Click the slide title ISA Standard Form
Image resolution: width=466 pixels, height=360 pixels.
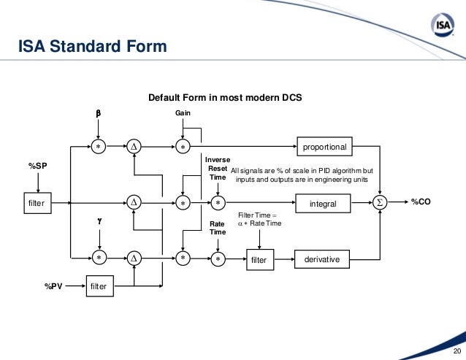(92, 48)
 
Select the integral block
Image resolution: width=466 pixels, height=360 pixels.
(323, 202)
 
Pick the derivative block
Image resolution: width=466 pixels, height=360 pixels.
(323, 258)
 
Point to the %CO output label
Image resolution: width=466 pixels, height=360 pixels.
(421, 202)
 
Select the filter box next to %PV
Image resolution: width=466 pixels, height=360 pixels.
(98, 286)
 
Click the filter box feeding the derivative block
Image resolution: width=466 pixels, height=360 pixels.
(259, 258)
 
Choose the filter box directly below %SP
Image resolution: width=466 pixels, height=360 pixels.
(37, 202)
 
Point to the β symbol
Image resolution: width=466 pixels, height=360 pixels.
(97, 114)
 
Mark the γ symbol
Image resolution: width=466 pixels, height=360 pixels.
(97, 220)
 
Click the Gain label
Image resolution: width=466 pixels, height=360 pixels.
(183, 114)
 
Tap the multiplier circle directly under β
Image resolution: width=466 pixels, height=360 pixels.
(97, 146)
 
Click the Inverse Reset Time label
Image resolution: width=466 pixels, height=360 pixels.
(218, 168)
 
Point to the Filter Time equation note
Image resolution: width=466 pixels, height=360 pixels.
(260, 219)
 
